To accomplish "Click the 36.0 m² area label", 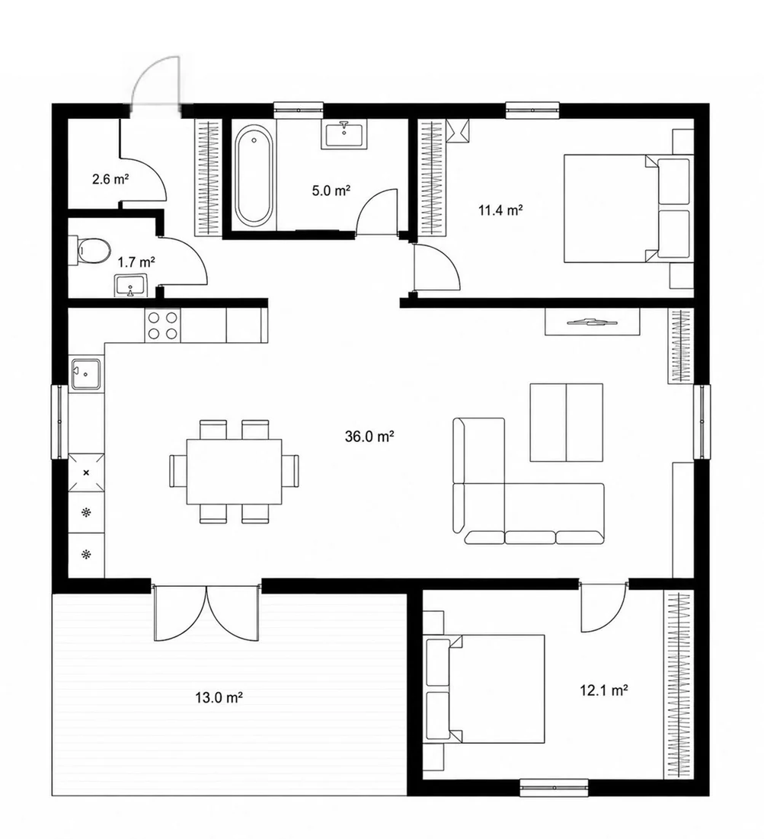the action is click(369, 437).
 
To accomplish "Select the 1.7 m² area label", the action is click(136, 262).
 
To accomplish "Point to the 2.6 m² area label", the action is click(110, 179).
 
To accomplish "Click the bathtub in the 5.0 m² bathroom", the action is click(254, 175).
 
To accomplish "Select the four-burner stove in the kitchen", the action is click(163, 326).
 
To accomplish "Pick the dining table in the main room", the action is click(235, 472).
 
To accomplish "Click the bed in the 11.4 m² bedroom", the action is click(626, 209).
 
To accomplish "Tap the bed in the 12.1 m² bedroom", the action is click(484, 689).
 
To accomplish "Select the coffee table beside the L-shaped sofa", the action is click(567, 422).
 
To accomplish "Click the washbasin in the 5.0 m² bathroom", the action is click(344, 135).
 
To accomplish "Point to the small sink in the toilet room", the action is click(131, 286).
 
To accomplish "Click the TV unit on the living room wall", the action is click(593, 322).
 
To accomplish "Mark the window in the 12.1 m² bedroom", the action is click(554, 788).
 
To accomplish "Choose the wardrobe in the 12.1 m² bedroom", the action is click(679, 685).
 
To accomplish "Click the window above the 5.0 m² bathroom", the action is click(299, 110).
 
